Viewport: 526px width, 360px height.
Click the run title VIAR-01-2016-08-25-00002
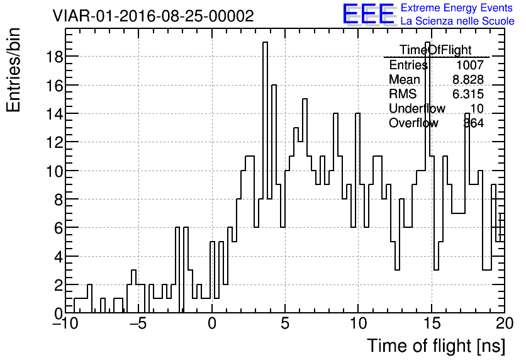tap(153, 16)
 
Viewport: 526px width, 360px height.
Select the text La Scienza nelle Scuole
tap(457, 21)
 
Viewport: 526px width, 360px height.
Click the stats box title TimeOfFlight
tap(435, 50)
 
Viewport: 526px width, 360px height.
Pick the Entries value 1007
tap(469, 65)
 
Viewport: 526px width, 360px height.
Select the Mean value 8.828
tap(467, 79)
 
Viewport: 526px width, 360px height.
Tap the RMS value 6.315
tap(467, 94)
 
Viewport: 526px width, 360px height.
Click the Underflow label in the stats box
tap(417, 108)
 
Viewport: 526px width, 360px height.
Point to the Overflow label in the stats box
tap(413, 123)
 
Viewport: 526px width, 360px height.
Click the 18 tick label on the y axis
tap(53, 57)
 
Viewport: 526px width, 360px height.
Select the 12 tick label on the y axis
tap(53, 142)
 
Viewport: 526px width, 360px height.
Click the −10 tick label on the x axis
tap(65, 324)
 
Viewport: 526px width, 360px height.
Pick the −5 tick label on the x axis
tap(138, 324)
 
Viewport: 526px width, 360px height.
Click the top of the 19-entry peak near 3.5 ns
tap(266, 42)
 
